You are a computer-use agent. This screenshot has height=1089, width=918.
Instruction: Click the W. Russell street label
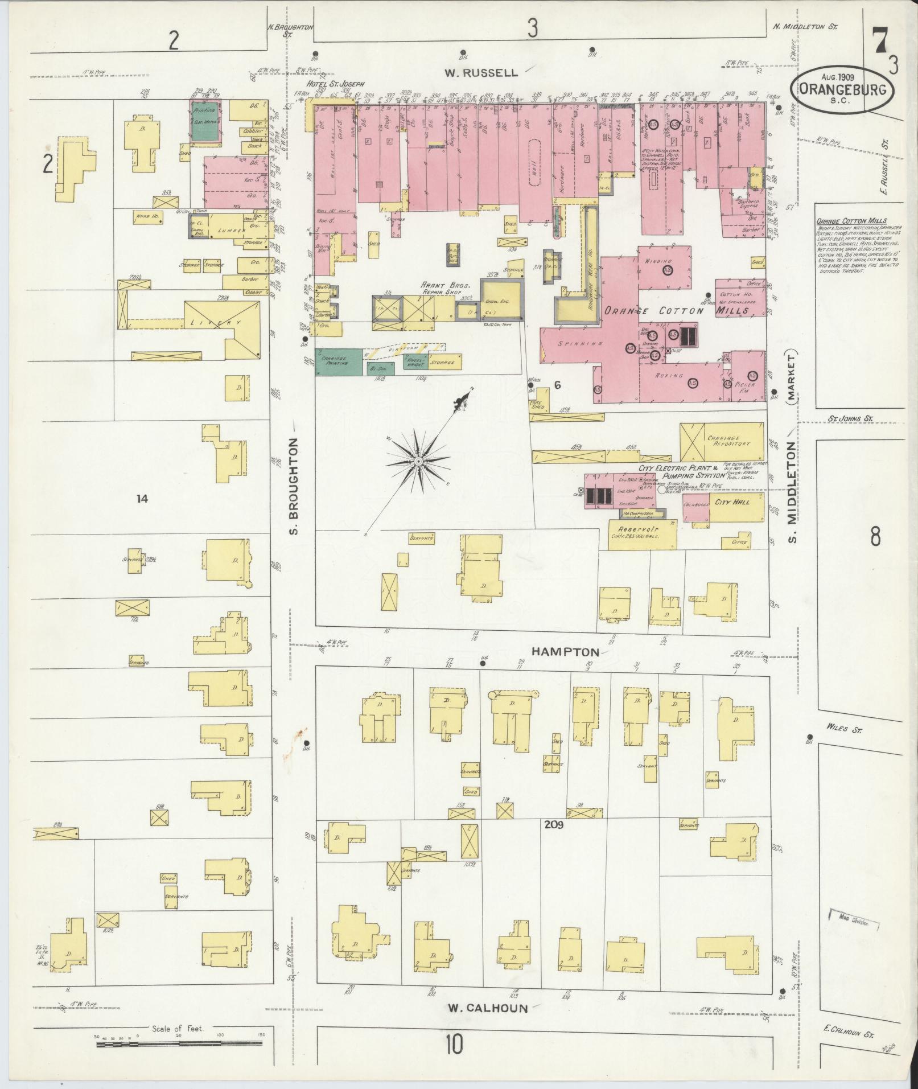pyautogui.click(x=481, y=72)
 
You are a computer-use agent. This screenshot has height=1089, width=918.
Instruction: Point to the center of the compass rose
pyautogui.click(x=418, y=460)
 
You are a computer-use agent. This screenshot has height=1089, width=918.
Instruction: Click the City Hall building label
pyautogui.click(x=732, y=502)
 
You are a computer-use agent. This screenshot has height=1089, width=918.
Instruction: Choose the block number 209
pyautogui.click(x=553, y=824)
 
